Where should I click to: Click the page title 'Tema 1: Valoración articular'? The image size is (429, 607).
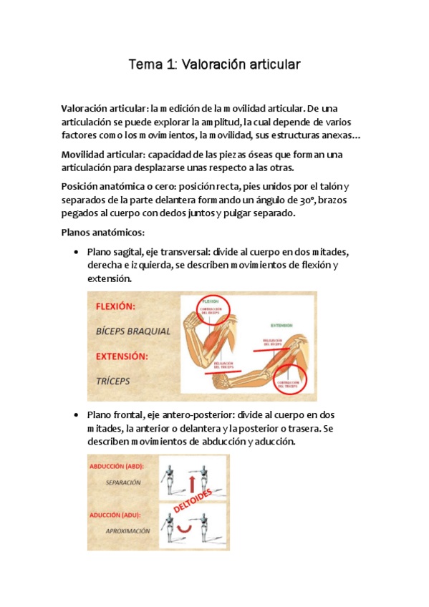[214, 65]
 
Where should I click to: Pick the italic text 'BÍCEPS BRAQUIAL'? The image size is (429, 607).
[132, 331]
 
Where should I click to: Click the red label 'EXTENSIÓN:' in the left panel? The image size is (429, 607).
[124, 356]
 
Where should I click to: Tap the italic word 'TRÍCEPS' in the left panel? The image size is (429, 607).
[113, 381]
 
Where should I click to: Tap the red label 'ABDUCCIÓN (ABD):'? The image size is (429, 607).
[117, 466]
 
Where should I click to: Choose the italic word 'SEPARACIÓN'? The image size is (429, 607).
[122, 482]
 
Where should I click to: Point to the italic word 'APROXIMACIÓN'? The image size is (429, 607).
[127, 530]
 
